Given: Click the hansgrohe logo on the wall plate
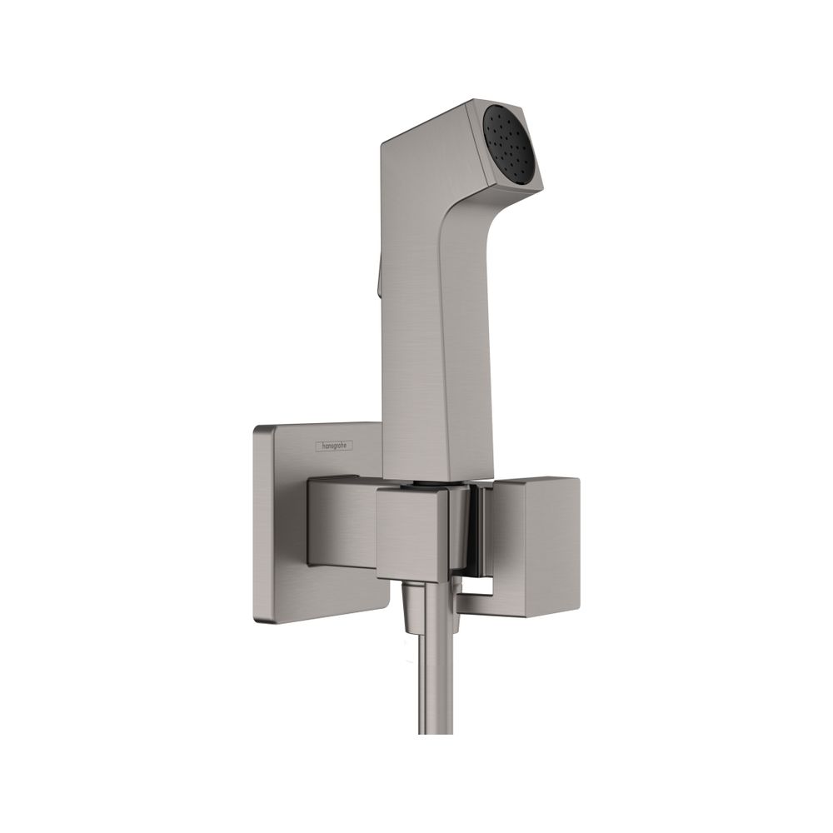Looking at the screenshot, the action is (334, 446).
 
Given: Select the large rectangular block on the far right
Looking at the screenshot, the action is (536, 547).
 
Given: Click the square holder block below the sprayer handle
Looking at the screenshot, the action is (412, 533).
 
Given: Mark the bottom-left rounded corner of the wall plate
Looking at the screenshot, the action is (259, 618).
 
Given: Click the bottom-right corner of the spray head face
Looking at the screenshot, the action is (543, 187).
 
